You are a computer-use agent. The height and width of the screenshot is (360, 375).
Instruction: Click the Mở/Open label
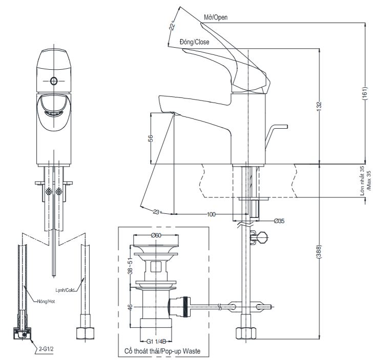click(x=215, y=17)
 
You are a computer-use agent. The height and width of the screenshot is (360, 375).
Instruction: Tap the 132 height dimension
click(x=319, y=106)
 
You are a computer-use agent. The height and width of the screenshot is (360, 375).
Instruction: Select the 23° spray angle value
click(x=157, y=211)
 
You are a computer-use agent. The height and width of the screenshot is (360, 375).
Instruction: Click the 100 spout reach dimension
click(x=211, y=214)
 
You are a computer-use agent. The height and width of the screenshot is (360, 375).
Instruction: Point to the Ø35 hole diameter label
click(x=279, y=221)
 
